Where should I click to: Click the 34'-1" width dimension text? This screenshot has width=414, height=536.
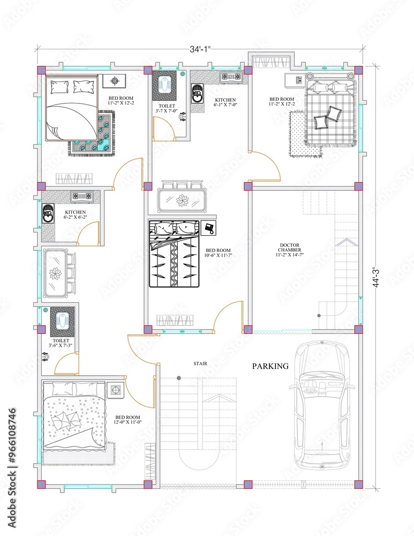tap(200, 49)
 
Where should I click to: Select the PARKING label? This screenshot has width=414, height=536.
tap(270, 367)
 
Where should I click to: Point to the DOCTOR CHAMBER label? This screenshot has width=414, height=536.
tap(290, 250)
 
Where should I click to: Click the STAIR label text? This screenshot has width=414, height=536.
tap(200, 363)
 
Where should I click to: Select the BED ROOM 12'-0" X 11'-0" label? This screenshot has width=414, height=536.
tap(128, 420)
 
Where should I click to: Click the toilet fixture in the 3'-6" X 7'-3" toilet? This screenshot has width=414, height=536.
tap(62, 321)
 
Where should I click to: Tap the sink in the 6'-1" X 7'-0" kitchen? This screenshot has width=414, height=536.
tap(197, 95)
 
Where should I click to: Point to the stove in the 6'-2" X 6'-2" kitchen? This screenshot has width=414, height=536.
tap(82, 196)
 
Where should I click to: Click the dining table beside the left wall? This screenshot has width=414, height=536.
tap(56, 273)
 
